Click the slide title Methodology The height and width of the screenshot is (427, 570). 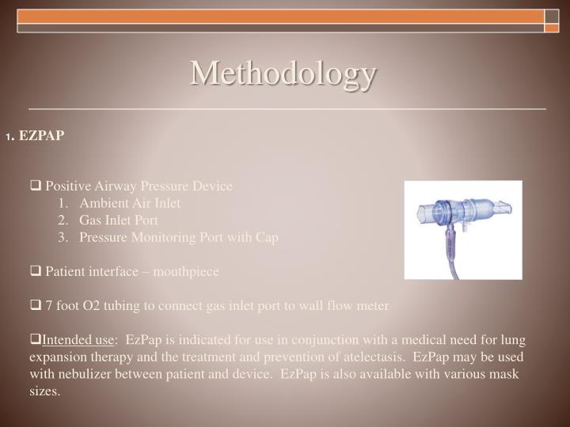pyautogui.click(x=283, y=74)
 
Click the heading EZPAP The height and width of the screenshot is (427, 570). pyautogui.click(x=41, y=135)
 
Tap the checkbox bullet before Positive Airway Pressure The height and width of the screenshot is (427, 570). pyautogui.click(x=36, y=187)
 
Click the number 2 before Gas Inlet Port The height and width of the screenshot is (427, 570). pyautogui.click(x=62, y=221)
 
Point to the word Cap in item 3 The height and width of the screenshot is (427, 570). pyautogui.click(x=268, y=237)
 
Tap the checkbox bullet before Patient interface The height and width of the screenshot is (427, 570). pyautogui.click(x=36, y=272)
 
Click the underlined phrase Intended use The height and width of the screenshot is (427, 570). pyautogui.click(x=78, y=341)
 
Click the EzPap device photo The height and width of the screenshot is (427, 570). pyautogui.click(x=463, y=229)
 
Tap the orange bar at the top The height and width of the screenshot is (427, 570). pyautogui.click(x=280, y=17)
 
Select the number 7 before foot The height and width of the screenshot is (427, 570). pyautogui.click(x=49, y=306)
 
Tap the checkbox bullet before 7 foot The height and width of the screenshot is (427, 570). pyautogui.click(x=36, y=306)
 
